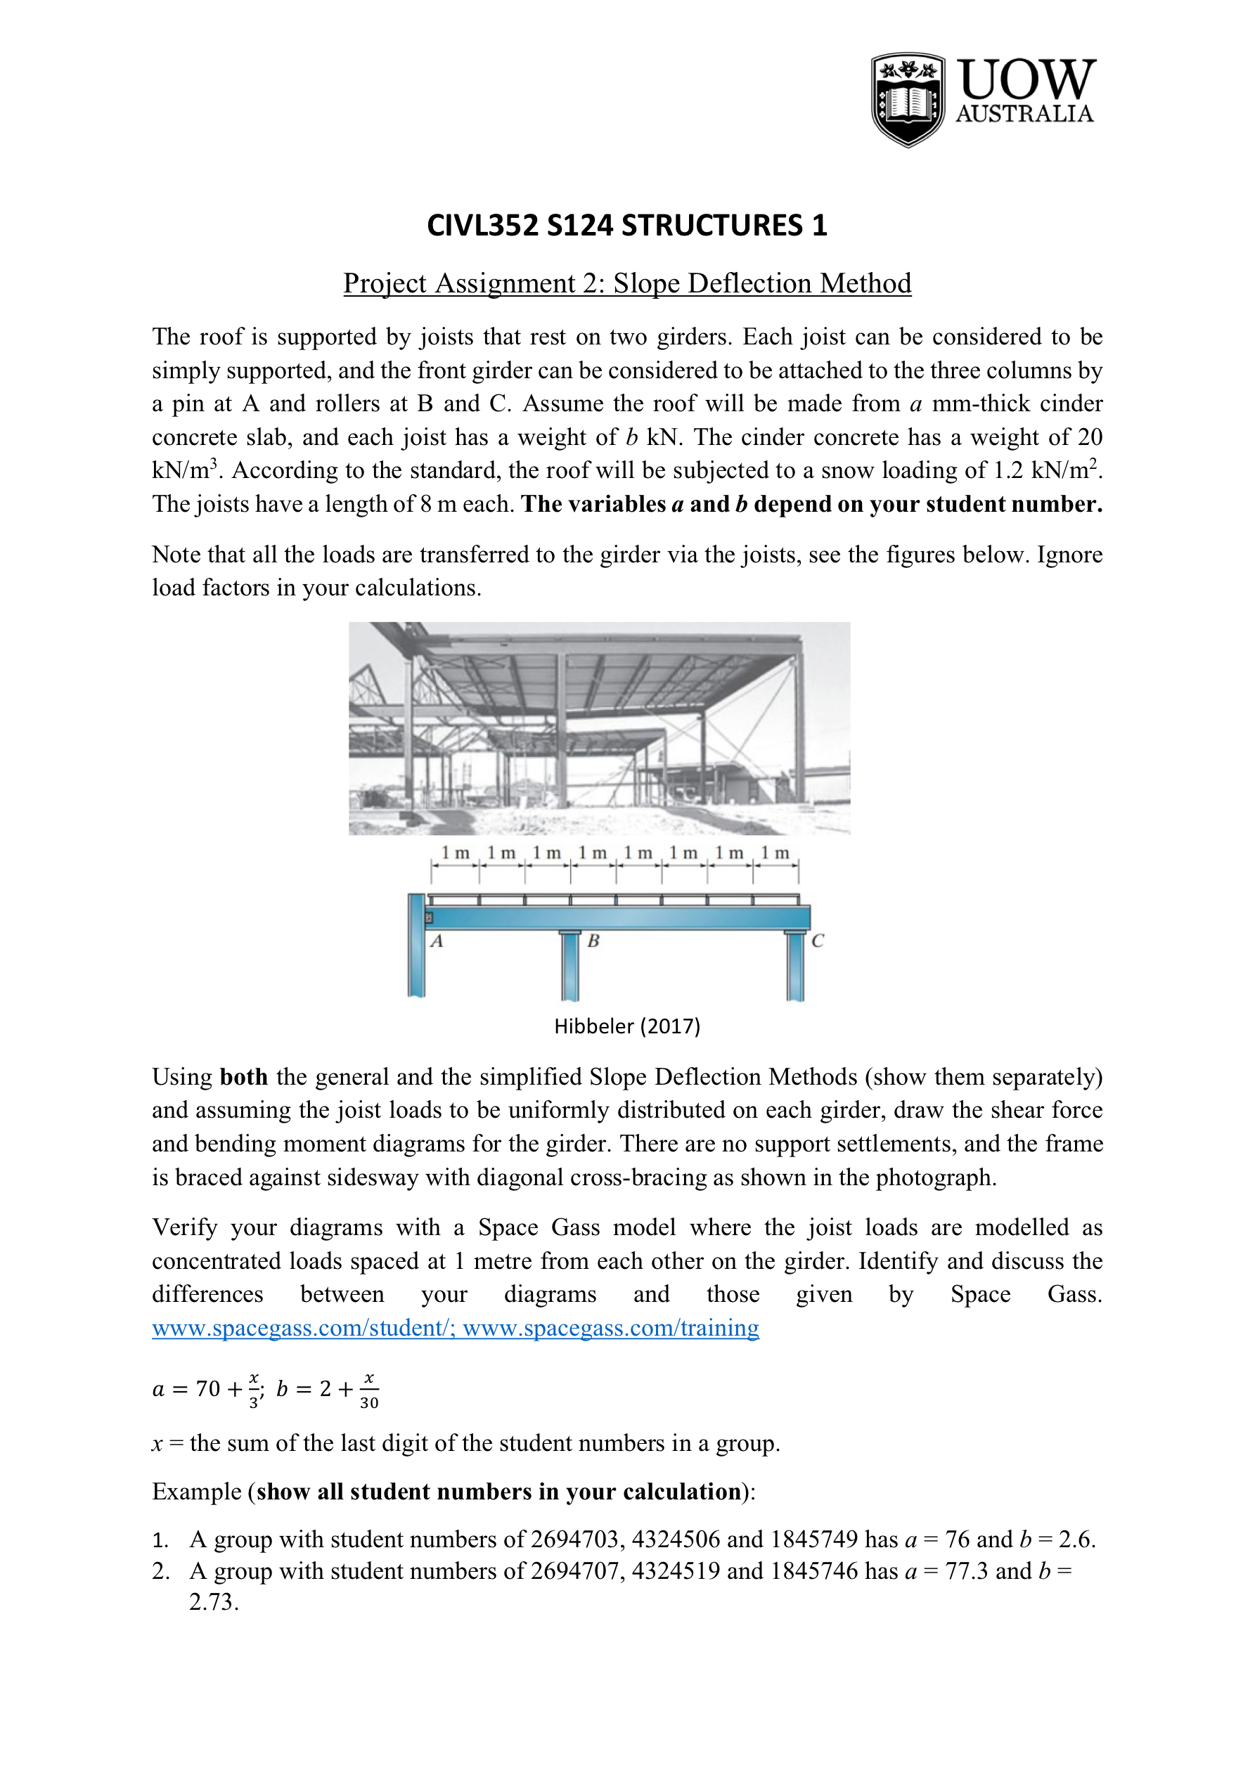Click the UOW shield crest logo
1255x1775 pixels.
coord(908,100)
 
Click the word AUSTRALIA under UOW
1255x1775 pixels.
coord(1024,114)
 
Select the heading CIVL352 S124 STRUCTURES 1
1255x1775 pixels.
coord(627,225)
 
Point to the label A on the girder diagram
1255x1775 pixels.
coord(437,941)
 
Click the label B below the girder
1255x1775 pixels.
coord(593,941)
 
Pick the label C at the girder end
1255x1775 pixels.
coord(818,941)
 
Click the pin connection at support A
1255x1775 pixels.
coord(429,917)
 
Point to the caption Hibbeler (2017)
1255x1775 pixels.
coord(627,1026)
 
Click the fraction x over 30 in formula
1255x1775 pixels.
coord(369,1390)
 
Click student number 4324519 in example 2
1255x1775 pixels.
coord(675,1571)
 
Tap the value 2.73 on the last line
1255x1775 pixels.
coord(214,1602)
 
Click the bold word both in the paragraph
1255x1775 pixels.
coord(243,1077)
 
